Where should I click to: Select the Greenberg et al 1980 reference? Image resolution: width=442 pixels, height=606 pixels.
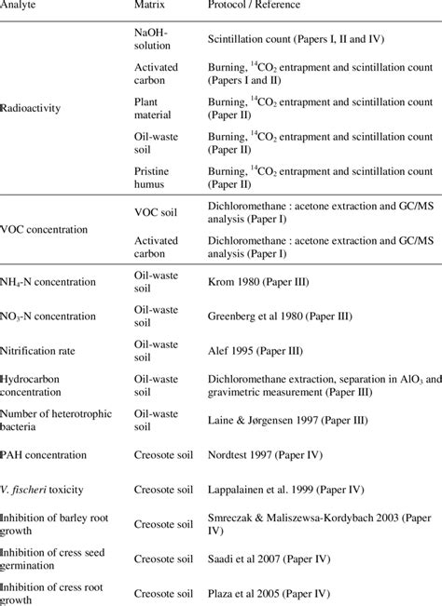[280, 316]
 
